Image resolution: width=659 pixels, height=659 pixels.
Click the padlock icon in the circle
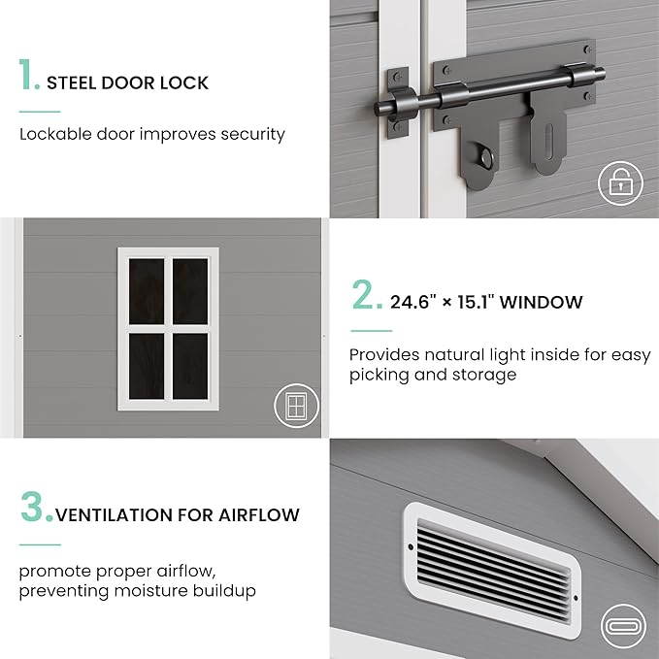point(620,183)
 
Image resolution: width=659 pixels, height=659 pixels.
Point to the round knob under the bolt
point(486,157)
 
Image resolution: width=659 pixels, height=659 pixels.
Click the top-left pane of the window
point(147,291)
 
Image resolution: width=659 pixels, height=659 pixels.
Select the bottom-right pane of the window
point(190,366)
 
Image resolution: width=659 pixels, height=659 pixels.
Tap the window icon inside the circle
point(296,406)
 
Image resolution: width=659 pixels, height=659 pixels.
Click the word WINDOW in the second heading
point(541,302)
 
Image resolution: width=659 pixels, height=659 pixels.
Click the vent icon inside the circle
point(623,626)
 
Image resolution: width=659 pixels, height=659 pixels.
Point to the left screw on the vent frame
point(411,546)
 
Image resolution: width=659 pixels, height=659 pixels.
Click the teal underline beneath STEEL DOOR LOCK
point(40,112)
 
